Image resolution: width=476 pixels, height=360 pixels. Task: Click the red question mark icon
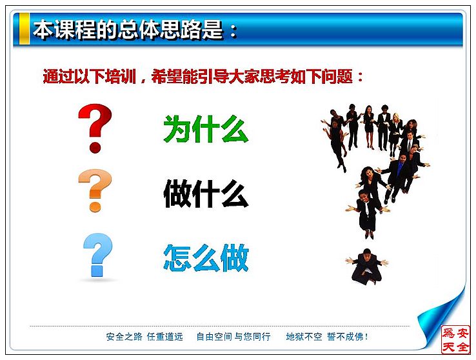95,128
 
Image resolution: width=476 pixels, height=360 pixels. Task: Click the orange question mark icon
95,190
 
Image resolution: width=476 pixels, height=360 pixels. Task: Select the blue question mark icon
98,255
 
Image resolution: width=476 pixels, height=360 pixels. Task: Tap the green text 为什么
206,129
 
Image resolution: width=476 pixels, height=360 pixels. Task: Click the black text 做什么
206,194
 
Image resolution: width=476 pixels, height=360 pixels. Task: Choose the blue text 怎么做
206,257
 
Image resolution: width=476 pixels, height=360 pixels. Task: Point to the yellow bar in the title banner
25,28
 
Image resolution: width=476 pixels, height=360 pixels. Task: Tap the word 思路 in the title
181,30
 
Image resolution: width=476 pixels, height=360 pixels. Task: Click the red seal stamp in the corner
455,339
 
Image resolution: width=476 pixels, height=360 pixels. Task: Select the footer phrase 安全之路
124,337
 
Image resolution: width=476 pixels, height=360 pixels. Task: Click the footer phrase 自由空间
214,337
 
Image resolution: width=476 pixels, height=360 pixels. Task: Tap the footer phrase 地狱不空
304,337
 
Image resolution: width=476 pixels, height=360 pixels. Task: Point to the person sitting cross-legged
367,266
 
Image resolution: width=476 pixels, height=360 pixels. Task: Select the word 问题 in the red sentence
337,76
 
